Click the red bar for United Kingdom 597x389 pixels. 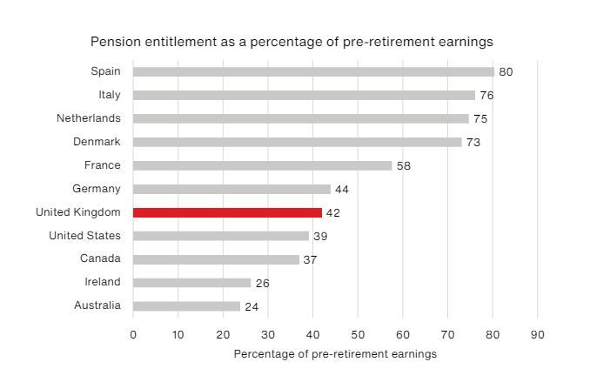[227, 212]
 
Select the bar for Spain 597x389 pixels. [313, 72]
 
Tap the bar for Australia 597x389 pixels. [186, 306]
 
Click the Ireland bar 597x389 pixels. [191, 283]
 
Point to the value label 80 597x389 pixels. [506, 72]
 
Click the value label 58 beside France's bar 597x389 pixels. [405, 165]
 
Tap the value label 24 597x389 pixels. [252, 306]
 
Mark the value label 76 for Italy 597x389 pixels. [487, 96]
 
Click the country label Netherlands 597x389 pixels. [89, 118]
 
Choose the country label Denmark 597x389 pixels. [97, 142]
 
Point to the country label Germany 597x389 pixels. [97, 189]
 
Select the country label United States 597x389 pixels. [84, 236]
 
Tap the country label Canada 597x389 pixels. [102, 259]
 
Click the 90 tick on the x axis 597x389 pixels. [537, 335]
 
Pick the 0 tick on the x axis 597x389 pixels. [133, 335]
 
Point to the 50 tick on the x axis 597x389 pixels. [358, 335]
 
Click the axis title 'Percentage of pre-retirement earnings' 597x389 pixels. [335, 354]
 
